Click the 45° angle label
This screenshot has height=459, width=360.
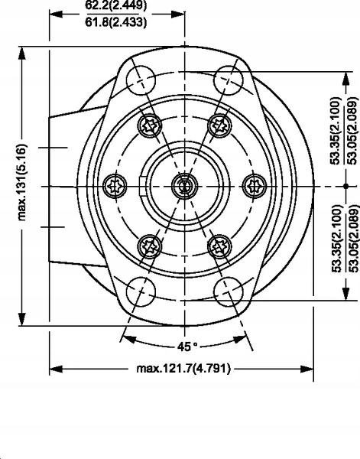point(187,347)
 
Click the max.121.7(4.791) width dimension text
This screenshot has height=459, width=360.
point(183,368)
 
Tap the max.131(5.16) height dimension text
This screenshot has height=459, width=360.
point(22,182)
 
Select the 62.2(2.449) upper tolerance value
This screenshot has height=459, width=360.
point(116,5)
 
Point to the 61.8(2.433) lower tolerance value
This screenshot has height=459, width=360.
point(116,22)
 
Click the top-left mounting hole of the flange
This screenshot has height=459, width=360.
point(141,80)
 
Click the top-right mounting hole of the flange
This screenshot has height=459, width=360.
point(229,80)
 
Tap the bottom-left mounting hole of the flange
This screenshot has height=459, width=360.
point(141,292)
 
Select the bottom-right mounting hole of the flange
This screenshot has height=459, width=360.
point(229,292)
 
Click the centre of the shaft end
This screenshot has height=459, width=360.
point(184,186)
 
